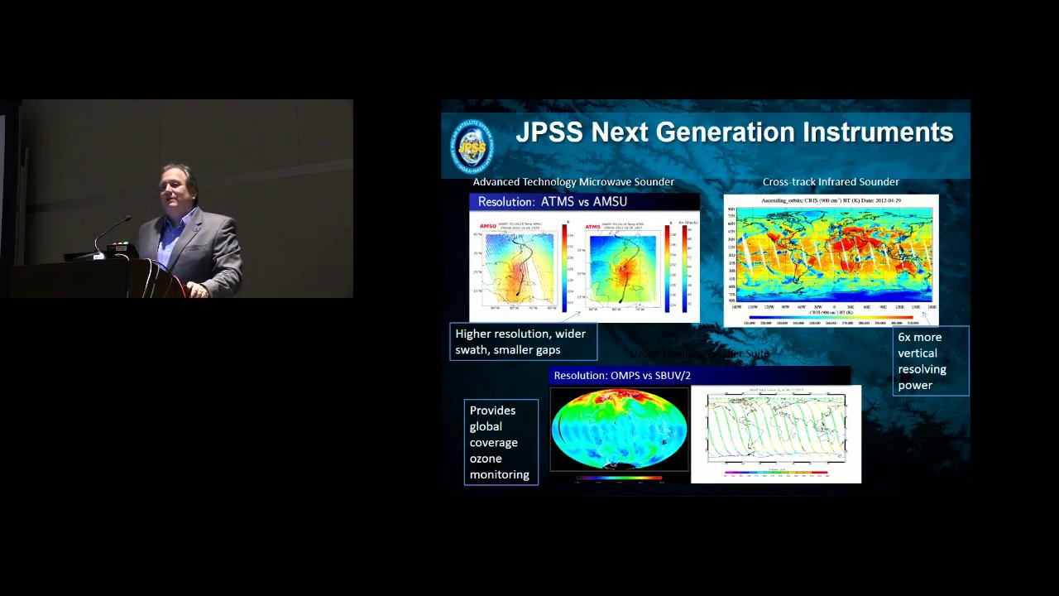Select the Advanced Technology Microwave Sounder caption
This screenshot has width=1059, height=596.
(573, 182)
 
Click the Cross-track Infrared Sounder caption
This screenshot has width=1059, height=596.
(831, 182)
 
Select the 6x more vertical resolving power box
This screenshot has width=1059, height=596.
(930, 361)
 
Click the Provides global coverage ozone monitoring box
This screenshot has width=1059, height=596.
(501, 442)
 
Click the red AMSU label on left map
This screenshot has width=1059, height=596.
(488, 226)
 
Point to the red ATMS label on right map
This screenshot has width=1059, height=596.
(592, 226)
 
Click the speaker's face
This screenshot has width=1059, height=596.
(180, 189)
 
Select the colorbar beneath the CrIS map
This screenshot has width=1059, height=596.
(831, 317)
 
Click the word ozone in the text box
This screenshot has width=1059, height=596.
(486, 459)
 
